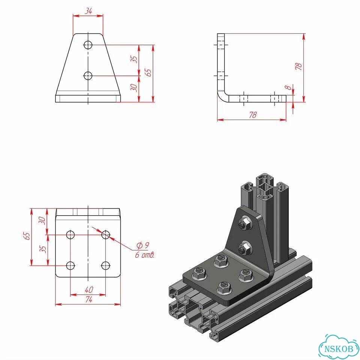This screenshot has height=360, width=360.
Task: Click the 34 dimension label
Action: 88,10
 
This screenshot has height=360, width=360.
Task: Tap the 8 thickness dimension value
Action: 288,87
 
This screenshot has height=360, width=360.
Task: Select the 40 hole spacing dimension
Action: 89,289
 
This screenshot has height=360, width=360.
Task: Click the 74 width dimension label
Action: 88,299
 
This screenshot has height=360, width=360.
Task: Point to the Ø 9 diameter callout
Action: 143,245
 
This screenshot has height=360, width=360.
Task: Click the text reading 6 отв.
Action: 145,255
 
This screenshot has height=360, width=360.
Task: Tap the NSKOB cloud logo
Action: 339,348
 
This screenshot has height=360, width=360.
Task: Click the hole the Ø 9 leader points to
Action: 106,235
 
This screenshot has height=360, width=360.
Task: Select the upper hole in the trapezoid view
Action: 88,45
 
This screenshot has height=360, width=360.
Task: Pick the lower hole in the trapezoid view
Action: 88,75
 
